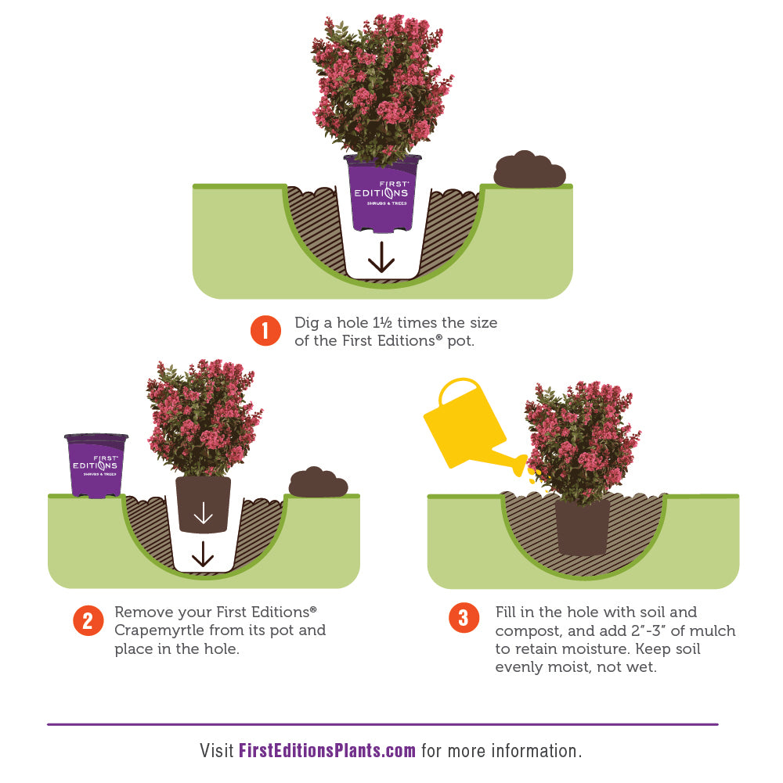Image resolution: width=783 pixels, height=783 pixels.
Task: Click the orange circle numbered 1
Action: click(265, 331)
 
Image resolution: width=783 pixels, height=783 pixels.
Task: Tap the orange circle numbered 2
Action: click(88, 621)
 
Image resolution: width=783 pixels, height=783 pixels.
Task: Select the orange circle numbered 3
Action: click(464, 618)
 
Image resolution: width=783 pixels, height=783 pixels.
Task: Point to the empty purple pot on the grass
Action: click(96, 465)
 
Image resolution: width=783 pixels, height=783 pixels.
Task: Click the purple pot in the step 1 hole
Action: click(383, 194)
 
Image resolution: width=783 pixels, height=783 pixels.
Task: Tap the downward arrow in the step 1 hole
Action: click(381, 257)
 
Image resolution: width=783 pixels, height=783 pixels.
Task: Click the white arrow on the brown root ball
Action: click(203, 513)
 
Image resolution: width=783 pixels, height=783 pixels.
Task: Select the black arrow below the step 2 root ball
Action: click(203, 554)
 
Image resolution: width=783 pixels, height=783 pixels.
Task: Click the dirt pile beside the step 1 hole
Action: click(529, 170)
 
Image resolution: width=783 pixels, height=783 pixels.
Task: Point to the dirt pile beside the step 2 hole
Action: click(318, 483)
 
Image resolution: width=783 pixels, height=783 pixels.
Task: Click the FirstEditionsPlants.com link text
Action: click(327, 751)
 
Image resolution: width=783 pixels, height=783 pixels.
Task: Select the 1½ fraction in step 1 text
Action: click(382, 322)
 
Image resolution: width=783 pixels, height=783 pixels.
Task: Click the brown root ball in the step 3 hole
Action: click(583, 528)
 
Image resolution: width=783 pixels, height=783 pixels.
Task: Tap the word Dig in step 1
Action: click(307, 323)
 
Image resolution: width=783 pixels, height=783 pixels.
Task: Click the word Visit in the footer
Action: click(217, 751)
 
